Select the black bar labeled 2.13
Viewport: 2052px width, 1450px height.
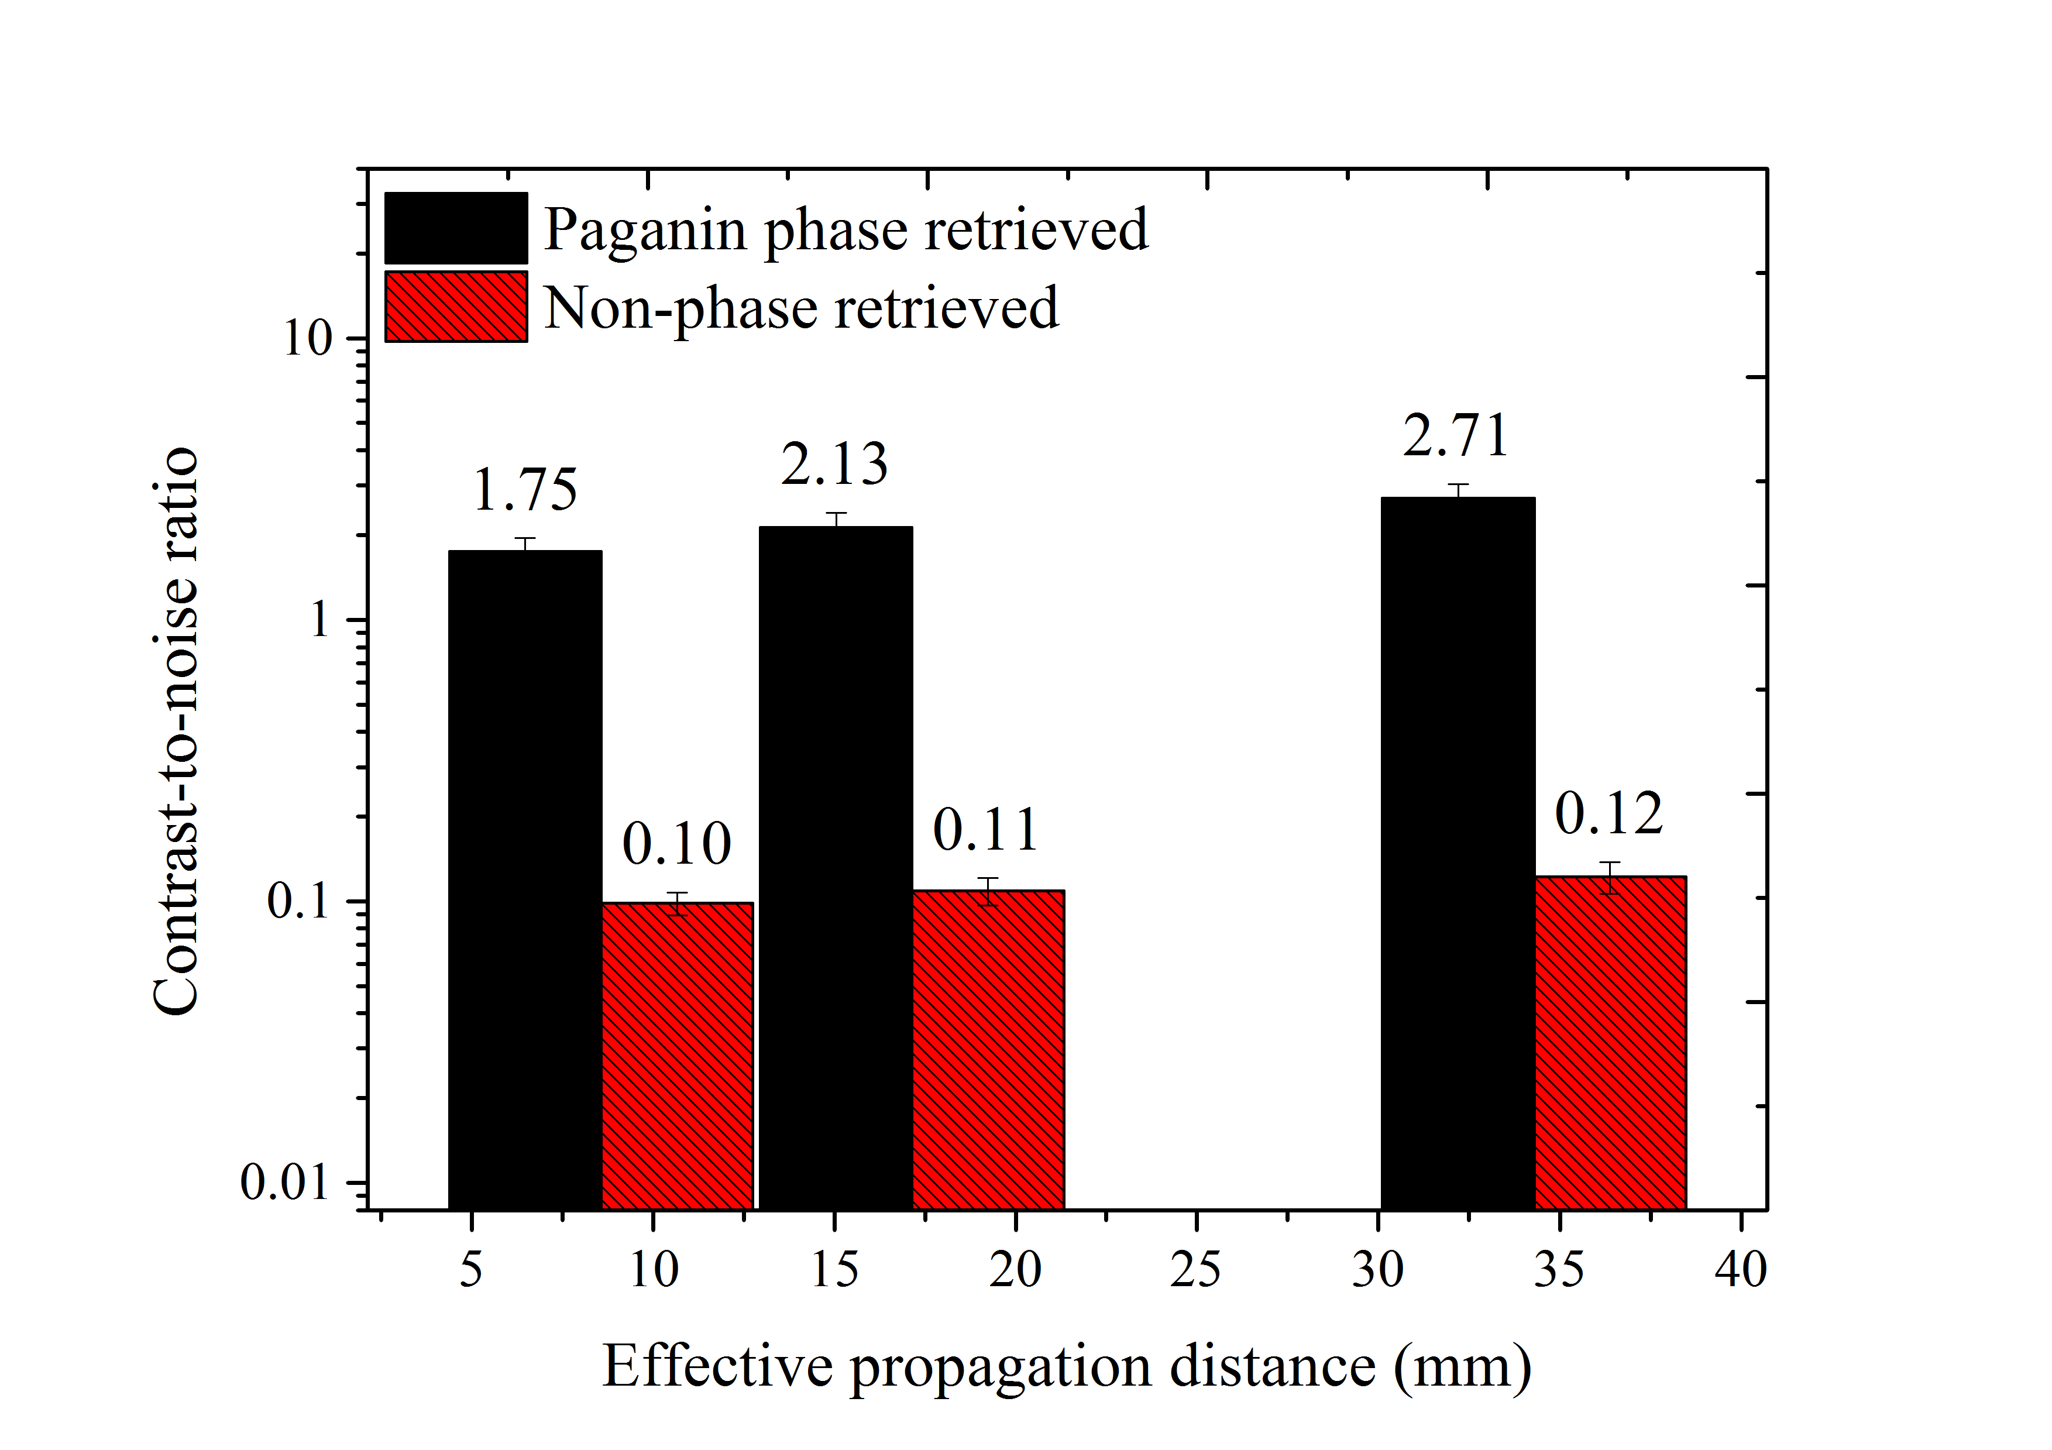836,867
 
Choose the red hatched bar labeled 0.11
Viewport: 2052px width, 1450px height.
988,1050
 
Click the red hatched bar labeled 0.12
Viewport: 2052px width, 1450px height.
1610,1042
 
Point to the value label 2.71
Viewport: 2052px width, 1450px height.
1456,437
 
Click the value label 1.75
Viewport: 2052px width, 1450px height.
525,491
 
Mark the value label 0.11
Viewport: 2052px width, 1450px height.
986,830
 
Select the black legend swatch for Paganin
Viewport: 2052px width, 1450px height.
456,228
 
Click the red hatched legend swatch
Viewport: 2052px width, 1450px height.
456,307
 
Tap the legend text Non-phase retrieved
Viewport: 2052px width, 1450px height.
802,308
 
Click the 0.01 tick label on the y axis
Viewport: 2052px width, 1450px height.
285,1183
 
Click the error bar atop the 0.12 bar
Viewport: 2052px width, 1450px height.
1610,877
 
